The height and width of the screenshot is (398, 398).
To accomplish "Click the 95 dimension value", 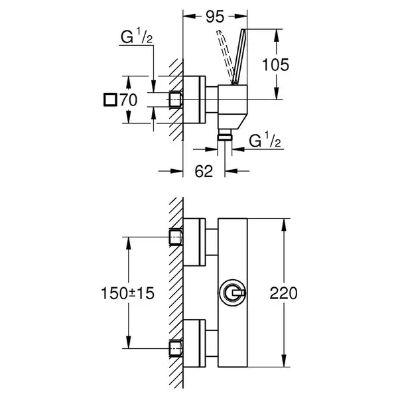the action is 215,17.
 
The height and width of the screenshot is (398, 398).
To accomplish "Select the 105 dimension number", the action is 275,64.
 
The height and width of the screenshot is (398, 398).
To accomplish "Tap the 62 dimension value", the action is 204,171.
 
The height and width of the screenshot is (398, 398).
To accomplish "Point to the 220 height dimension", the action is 283,293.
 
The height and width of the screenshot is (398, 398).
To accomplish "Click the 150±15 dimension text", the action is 127,293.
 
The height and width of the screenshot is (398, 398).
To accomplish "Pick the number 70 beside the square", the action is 129,99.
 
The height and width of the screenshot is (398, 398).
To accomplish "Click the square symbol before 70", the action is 110,99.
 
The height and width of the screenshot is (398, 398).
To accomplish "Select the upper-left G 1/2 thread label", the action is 137,36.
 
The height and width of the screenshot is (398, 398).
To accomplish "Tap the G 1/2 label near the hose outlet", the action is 265,139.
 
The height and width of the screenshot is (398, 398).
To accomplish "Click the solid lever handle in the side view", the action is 239,56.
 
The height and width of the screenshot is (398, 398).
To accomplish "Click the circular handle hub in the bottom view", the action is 233,293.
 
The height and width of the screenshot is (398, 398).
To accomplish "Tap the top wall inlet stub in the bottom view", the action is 176,237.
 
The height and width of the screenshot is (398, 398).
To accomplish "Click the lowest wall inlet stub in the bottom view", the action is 176,349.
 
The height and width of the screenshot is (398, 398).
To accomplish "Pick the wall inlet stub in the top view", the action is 176,99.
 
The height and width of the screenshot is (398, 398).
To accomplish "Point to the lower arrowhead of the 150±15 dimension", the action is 129,342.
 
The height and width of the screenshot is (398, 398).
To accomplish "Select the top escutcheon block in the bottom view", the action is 194,242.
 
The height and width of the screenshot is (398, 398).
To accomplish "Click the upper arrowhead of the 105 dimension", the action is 277,36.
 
